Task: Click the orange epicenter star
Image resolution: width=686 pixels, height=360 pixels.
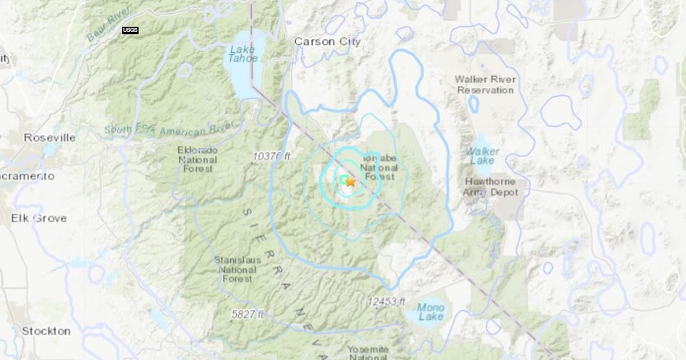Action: point(350,182)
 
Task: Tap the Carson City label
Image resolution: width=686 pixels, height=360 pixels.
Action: point(327,42)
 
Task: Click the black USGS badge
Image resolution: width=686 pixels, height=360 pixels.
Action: point(130,30)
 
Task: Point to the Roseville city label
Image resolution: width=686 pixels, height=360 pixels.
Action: point(49,138)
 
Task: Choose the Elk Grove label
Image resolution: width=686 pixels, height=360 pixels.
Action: point(39,218)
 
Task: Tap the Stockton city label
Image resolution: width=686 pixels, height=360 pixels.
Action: point(46,331)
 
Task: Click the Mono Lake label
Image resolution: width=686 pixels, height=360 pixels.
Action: point(430,311)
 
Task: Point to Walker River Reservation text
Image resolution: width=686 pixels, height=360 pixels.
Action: point(485,85)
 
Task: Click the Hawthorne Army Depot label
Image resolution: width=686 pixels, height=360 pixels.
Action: point(491,187)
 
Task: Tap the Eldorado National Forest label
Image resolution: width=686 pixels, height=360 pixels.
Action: point(197,159)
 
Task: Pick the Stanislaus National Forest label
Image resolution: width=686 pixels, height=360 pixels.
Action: point(237,269)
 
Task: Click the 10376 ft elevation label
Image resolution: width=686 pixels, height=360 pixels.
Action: point(272,155)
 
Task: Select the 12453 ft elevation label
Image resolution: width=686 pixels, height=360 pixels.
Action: point(386,301)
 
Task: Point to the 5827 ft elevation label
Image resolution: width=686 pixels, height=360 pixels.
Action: point(248,314)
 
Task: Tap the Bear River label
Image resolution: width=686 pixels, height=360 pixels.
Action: point(109,24)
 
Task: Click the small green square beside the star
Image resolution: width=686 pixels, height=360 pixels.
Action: point(344,181)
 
